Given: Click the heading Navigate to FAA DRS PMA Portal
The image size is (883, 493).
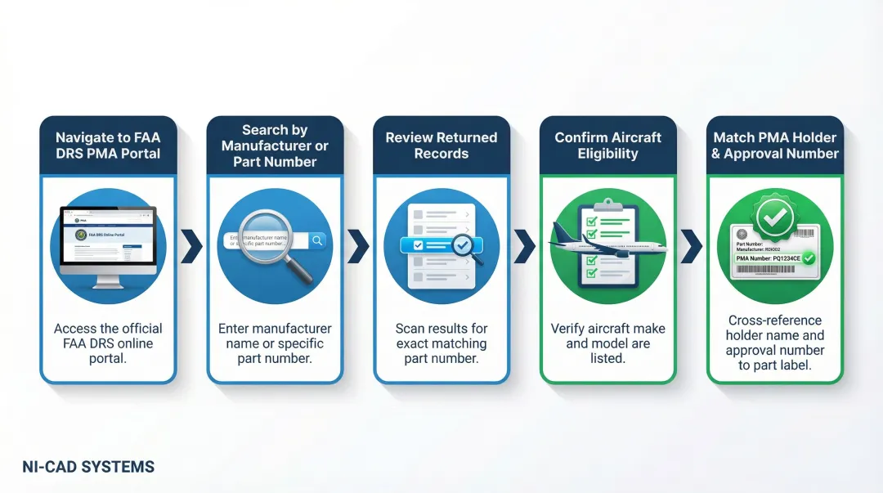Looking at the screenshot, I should click(x=108, y=146).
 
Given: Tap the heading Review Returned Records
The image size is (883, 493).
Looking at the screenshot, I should click(x=441, y=146).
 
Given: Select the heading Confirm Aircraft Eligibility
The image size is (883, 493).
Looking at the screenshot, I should click(x=607, y=146).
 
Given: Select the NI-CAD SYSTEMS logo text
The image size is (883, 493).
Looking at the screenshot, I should click(x=88, y=467).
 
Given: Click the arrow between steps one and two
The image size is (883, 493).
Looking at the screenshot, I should click(x=191, y=246).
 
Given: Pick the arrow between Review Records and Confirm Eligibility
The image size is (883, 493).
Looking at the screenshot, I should click(x=524, y=246).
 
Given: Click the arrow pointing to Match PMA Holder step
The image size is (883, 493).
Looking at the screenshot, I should click(x=691, y=246).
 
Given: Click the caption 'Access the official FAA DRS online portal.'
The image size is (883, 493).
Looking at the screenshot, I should click(x=108, y=343).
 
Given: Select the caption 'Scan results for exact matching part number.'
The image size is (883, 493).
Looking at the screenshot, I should click(x=441, y=343).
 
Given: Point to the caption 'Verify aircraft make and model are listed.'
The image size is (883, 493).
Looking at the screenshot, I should click(x=607, y=343).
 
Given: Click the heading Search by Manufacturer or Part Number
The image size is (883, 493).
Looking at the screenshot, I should click(x=275, y=146).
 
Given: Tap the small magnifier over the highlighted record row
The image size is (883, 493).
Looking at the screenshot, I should click(x=466, y=247).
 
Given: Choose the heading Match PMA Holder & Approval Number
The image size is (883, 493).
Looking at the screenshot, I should click(x=774, y=146).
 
